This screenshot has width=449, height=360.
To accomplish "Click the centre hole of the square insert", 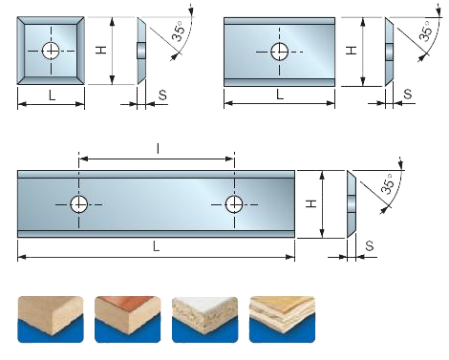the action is [x=51, y=51].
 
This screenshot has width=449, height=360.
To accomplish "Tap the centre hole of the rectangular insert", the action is [x=280, y=52].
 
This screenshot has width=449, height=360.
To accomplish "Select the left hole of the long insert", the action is [x=78, y=204].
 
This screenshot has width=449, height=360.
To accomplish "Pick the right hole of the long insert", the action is [x=234, y=204].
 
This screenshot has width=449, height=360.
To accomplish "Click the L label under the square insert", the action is [x=52, y=95].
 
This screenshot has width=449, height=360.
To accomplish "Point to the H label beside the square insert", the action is [x=101, y=50].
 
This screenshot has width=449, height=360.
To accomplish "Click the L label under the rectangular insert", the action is [x=280, y=95].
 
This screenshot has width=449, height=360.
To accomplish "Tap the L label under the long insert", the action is [x=156, y=246].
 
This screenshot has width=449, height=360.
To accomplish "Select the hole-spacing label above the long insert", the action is [x=158, y=148].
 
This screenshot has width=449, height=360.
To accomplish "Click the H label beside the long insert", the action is [x=311, y=203].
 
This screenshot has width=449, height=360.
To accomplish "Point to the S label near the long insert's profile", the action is [x=370, y=245].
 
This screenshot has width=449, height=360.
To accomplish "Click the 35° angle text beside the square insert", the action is [x=179, y=31].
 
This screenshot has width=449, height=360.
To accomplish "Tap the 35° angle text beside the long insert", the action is [x=388, y=183].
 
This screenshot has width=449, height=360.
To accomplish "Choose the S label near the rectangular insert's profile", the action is [x=407, y=95].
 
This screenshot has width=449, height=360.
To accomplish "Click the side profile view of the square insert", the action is [x=141, y=51].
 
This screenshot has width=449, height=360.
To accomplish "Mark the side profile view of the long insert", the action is [x=352, y=204].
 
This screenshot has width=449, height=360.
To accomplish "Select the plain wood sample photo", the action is [x=51, y=319].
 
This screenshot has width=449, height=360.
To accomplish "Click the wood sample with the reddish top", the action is [x=127, y=319].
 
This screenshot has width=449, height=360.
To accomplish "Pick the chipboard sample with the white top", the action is [x=204, y=319].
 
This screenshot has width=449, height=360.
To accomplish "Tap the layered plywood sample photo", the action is [x=282, y=319].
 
